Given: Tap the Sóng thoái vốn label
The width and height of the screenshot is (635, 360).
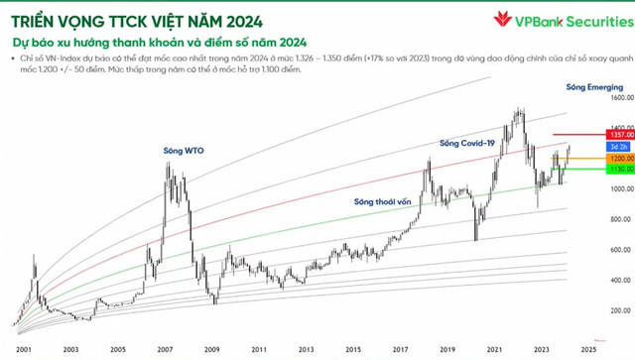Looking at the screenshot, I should (x=382, y=201).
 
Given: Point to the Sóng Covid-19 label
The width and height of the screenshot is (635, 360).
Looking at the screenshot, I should (x=467, y=144).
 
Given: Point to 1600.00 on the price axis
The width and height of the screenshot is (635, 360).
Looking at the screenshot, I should (x=621, y=98).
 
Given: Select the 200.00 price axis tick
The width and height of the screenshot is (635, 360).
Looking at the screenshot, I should (x=621, y=309).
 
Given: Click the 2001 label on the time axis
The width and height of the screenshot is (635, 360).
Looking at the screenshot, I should (x=22, y=349).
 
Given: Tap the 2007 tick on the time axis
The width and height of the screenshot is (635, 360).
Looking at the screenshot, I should (x=165, y=349).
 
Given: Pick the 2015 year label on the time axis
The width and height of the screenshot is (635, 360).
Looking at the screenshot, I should (x=353, y=349).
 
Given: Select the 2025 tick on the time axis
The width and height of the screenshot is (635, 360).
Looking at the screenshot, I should (x=589, y=349).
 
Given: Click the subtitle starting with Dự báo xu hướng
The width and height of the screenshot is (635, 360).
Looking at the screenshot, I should (x=160, y=43).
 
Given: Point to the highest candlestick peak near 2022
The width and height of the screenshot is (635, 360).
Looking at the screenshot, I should (x=520, y=109).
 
